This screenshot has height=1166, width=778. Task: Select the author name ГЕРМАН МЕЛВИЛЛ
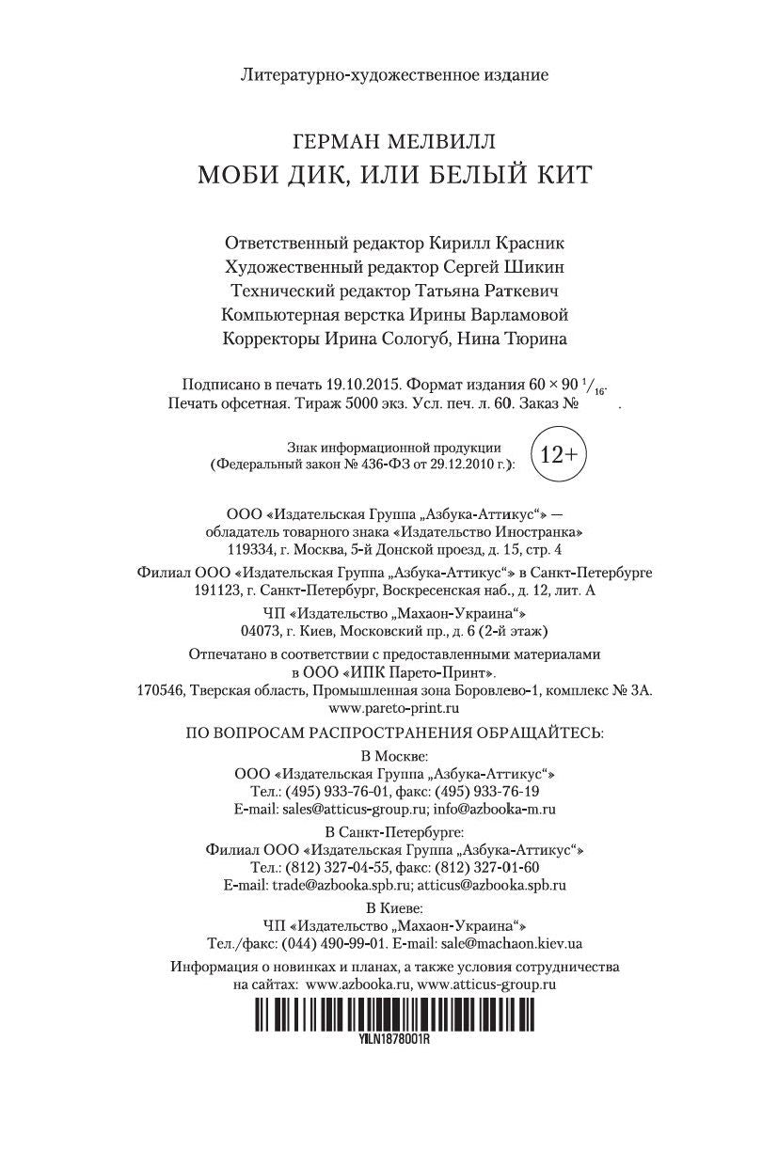pyautogui.click(x=394, y=141)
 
